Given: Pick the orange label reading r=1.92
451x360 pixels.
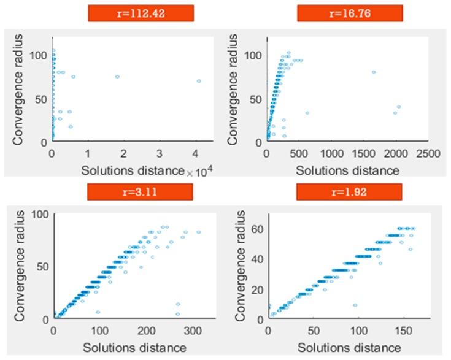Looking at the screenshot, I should [x=349, y=193].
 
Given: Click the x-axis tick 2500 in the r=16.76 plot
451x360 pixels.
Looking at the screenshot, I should [x=429, y=151].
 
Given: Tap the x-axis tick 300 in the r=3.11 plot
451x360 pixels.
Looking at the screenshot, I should [x=193, y=331].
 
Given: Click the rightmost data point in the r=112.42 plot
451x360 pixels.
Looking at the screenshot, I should [x=199, y=81].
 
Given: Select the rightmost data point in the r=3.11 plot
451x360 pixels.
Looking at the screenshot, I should [x=198, y=232].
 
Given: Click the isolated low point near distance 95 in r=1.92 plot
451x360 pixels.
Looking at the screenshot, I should [x=355, y=305].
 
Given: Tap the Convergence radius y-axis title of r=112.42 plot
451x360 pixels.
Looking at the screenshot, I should [x=17, y=90].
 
